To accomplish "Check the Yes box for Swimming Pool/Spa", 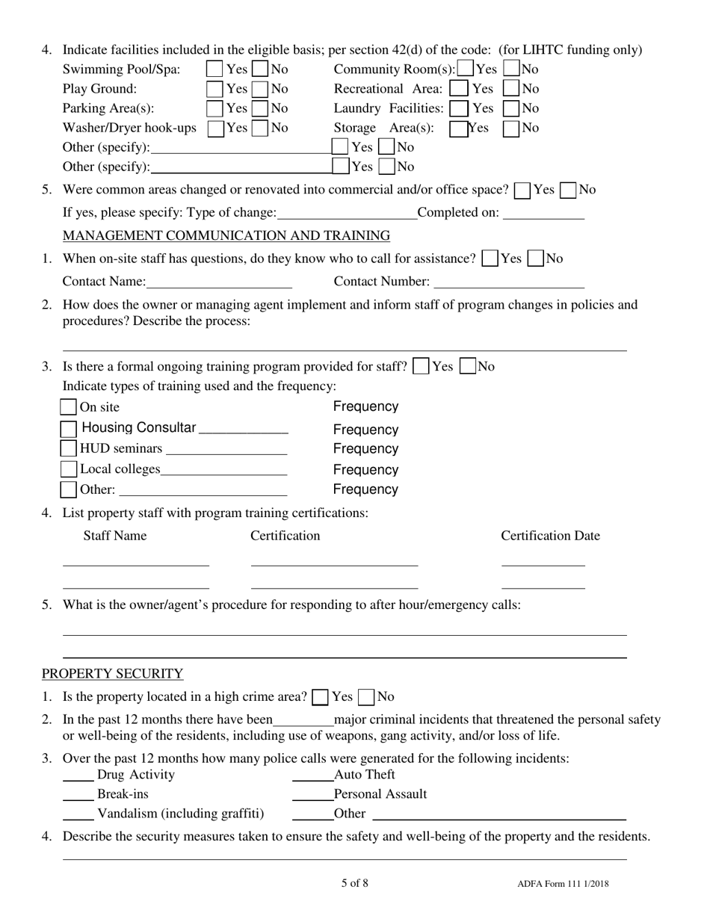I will tap(214, 70).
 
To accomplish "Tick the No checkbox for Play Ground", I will tap(260, 89).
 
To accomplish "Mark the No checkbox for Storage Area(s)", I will tap(512, 128).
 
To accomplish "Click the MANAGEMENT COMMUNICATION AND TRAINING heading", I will tap(226, 236).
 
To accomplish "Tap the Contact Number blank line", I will tap(508, 282).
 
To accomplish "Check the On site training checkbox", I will tap(68, 407).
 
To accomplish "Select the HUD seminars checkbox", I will tap(68, 449).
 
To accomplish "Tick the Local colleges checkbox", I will tap(68, 470).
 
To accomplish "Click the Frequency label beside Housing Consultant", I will tap(365, 430).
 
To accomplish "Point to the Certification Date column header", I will tap(550, 536).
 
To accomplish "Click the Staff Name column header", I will tap(114, 536).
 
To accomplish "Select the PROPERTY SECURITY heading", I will tap(112, 674).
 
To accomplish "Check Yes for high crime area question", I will tap(320, 697).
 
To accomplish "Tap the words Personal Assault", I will tap(380, 794).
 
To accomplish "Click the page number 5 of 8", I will tap(354, 883).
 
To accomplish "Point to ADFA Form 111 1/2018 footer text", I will tap(562, 885).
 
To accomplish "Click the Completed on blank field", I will tap(544, 214).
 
